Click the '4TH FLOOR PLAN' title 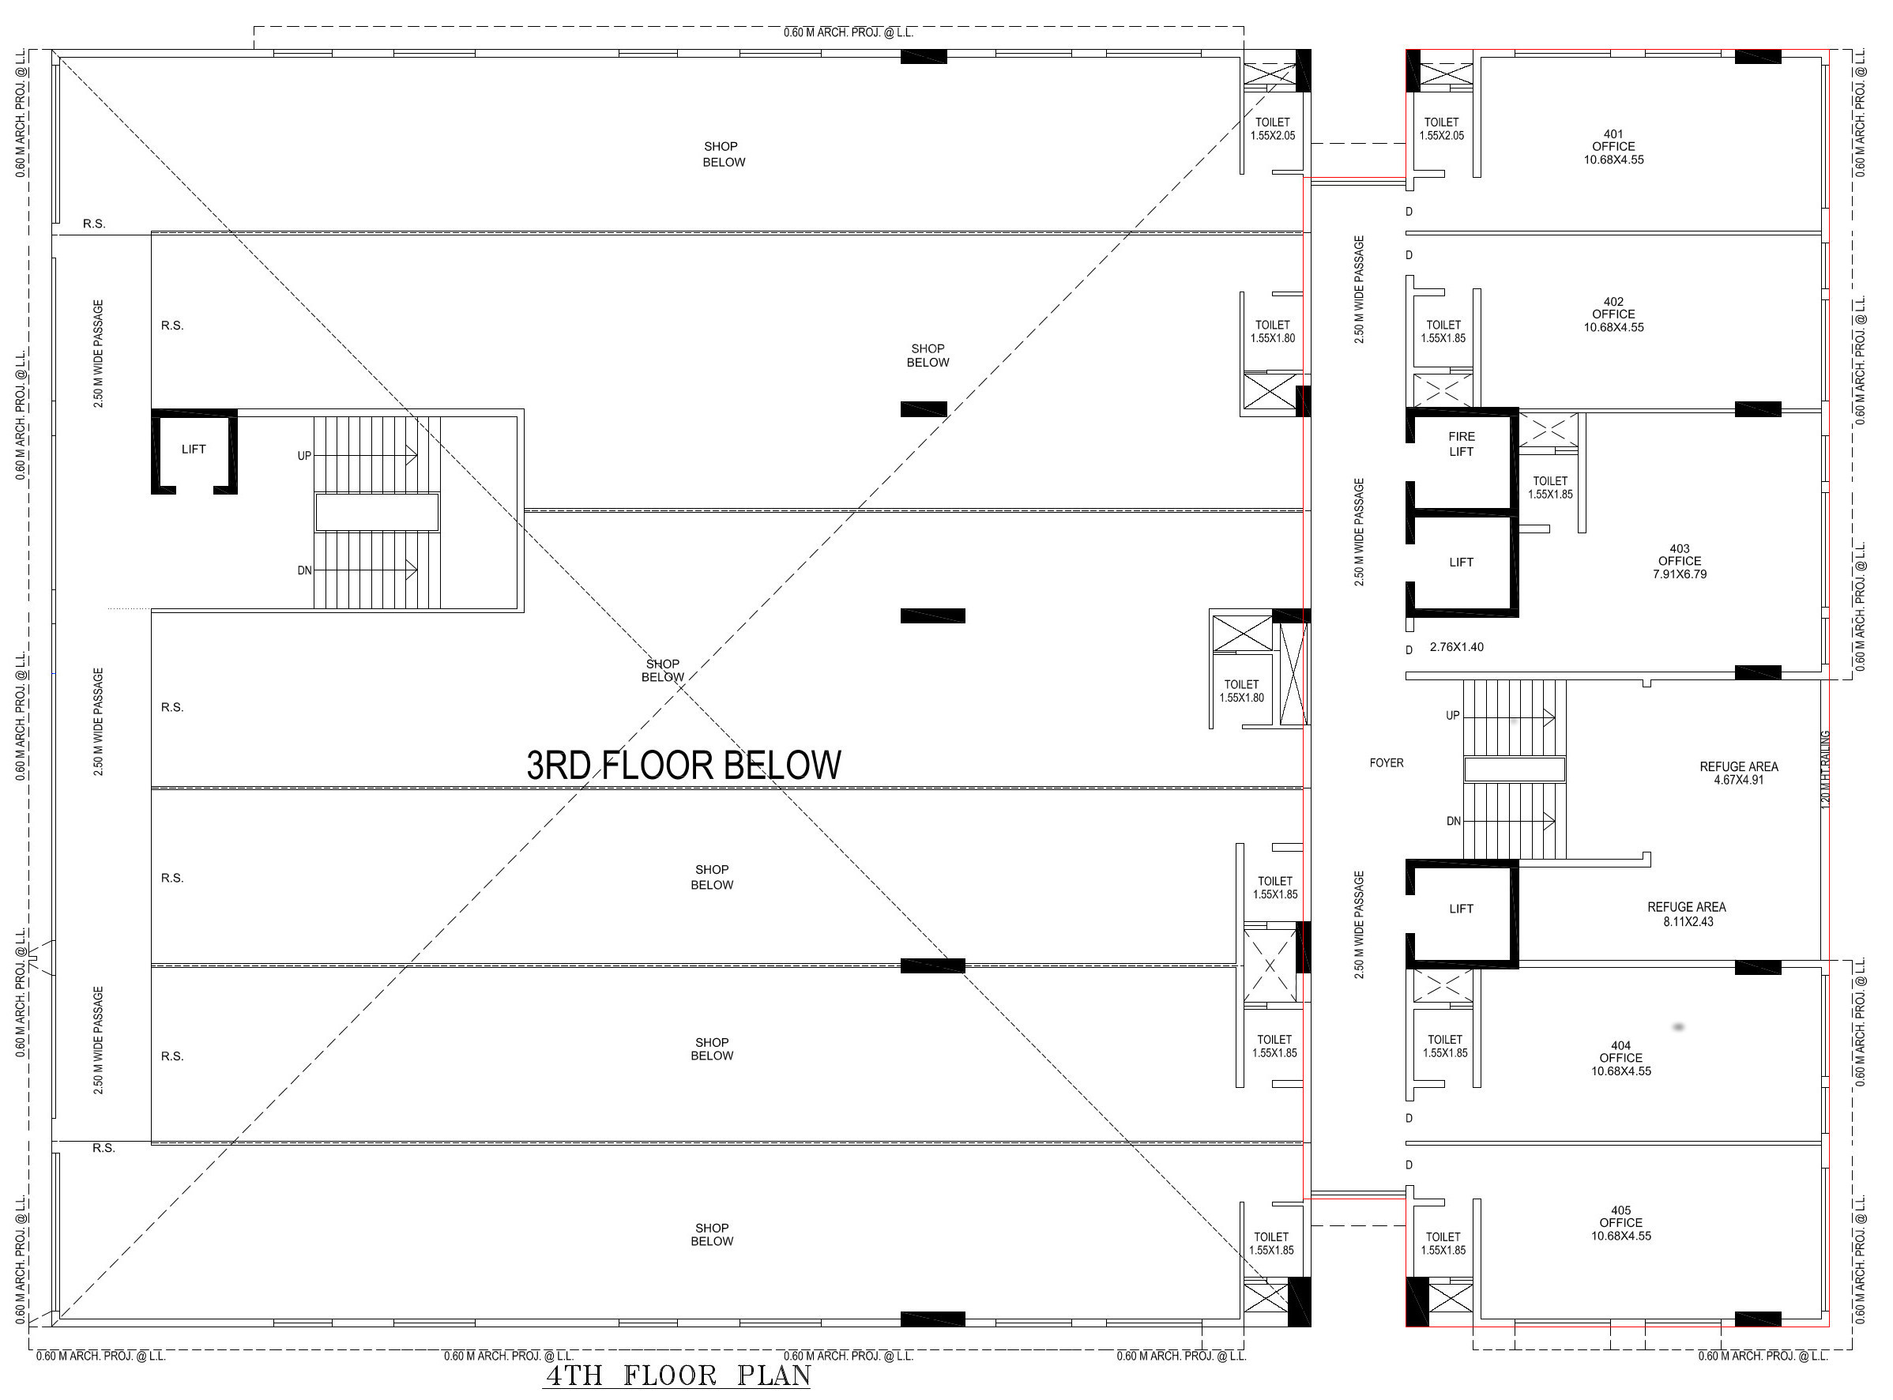(676, 1375)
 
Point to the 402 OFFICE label (1613, 314)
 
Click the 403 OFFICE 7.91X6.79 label (1680, 561)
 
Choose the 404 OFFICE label (1620, 1058)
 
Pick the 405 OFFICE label (1620, 1223)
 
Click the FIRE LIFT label (1461, 444)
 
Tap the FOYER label (1387, 762)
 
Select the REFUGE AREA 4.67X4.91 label (1739, 773)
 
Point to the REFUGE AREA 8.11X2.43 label (1686, 913)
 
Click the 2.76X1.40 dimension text (1457, 646)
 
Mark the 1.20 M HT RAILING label (1826, 768)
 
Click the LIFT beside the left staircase (194, 449)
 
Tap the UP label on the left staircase (304, 456)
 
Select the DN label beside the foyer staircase (1453, 821)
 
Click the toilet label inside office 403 (1550, 487)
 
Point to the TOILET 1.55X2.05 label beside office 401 (1441, 129)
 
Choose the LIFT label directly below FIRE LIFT (1461, 562)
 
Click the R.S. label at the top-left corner (94, 224)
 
